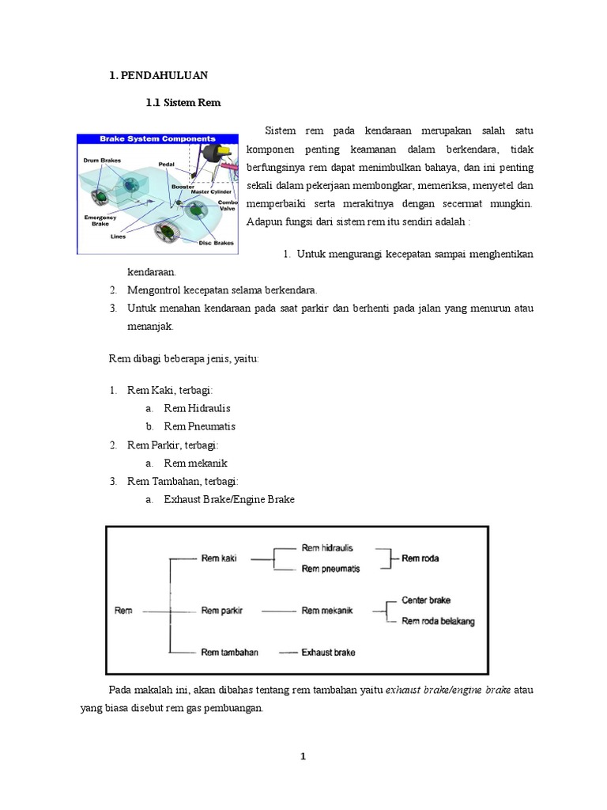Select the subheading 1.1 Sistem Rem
tap(183, 103)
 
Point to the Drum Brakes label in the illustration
tap(102, 160)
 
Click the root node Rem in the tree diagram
tap(123, 610)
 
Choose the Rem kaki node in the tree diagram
tap(220, 558)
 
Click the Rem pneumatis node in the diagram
tap(330, 569)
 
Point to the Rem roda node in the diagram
tap(420, 558)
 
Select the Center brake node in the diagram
tap(426, 600)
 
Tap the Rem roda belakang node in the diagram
tap(438, 621)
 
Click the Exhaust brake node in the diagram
tap(328, 653)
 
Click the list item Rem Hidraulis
tap(197, 408)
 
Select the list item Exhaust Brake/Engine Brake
tap(229, 499)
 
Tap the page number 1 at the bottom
tap(303, 757)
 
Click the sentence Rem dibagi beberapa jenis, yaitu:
tap(183, 358)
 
